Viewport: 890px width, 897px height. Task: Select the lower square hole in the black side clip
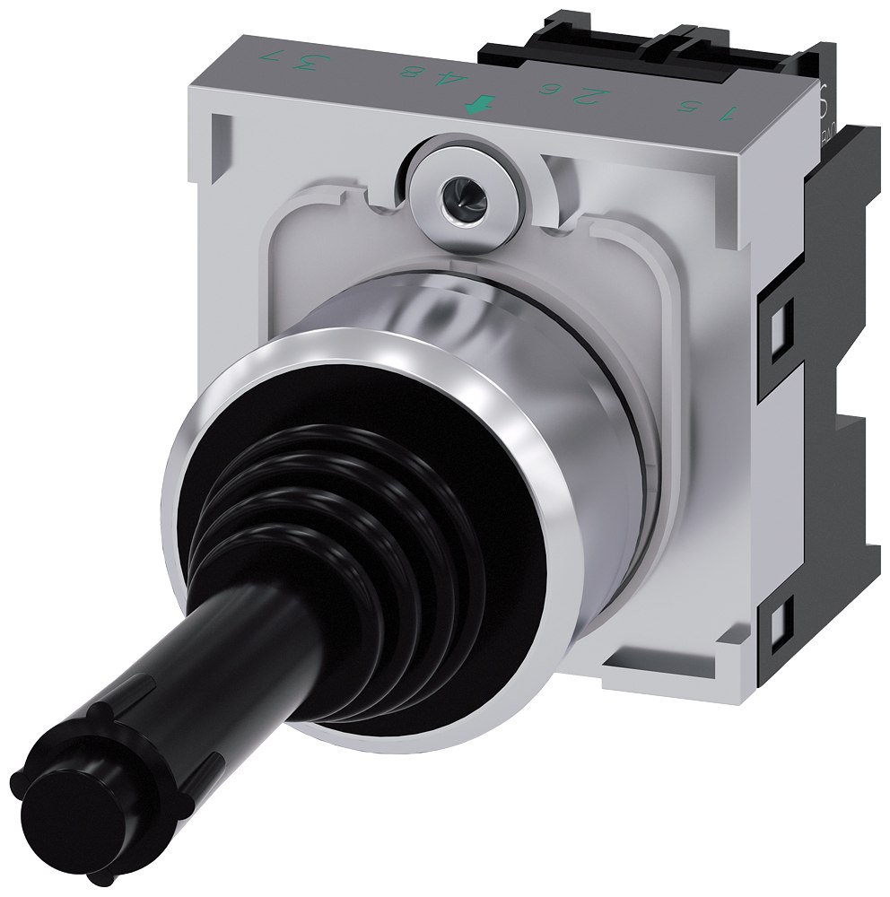tap(774, 622)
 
